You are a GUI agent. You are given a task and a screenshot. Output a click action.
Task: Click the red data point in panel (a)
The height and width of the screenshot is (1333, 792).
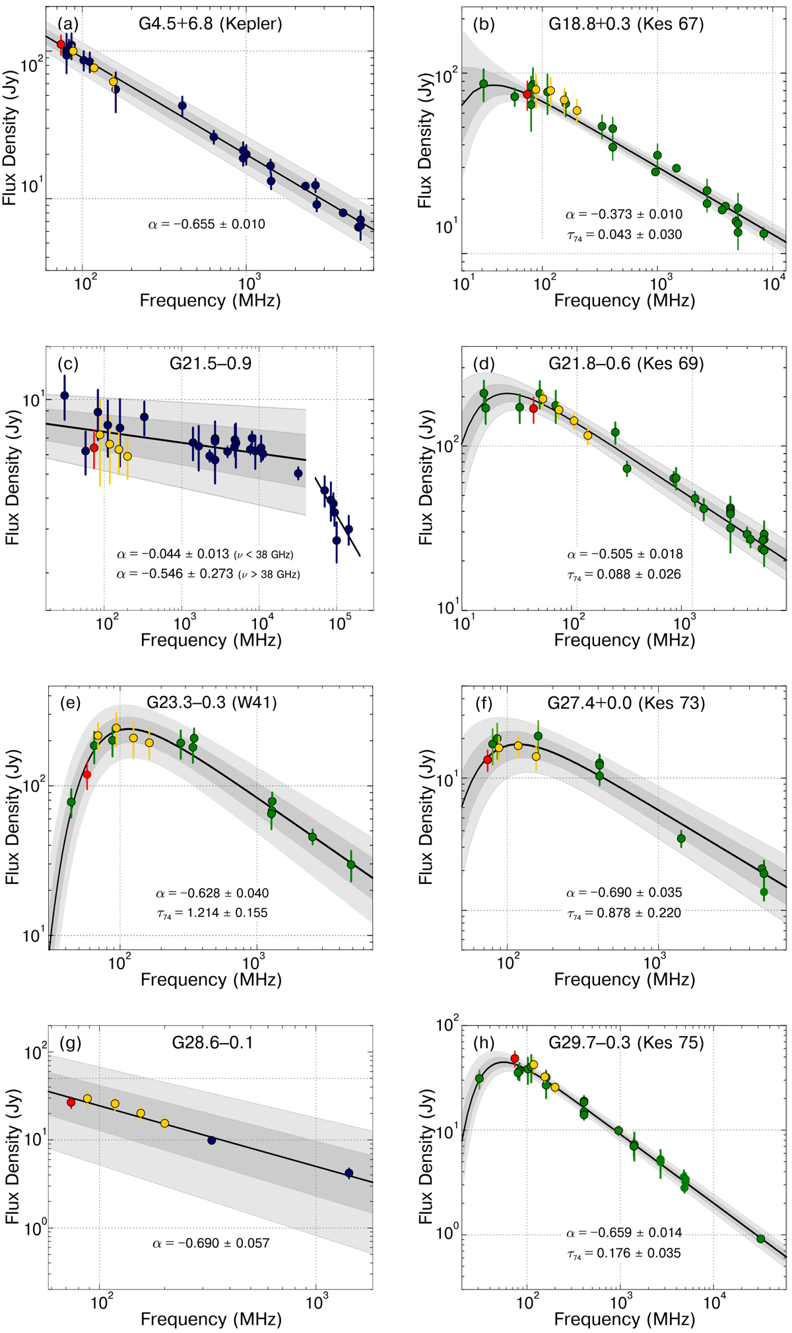[61, 44]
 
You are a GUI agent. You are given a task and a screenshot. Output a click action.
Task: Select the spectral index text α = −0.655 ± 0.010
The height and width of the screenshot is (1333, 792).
[207, 224]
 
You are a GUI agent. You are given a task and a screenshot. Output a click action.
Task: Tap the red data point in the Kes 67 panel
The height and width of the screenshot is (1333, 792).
[527, 94]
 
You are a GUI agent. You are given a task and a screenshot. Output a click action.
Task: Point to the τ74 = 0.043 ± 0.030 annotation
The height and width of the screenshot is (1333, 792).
[624, 234]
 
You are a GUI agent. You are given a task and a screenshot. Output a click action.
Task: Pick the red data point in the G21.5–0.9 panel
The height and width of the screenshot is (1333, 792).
[94, 448]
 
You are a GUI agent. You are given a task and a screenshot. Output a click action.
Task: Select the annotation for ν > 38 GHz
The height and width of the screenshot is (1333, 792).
[208, 574]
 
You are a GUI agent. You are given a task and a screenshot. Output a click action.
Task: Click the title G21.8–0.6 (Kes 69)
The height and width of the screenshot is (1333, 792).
[626, 364]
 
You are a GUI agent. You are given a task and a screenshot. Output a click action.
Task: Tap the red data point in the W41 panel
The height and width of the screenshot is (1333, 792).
[86, 774]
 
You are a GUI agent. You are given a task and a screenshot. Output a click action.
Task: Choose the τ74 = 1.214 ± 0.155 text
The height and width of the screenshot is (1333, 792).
[211, 913]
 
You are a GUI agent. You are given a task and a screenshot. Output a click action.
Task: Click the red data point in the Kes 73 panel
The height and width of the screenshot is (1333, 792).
[488, 759]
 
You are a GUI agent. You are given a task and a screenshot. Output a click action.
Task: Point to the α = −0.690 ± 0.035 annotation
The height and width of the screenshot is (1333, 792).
[624, 893]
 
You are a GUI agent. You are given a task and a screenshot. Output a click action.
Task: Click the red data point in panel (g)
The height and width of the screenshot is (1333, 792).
[71, 1103]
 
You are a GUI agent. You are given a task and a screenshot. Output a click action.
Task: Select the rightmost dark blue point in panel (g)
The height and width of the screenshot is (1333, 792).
[349, 1173]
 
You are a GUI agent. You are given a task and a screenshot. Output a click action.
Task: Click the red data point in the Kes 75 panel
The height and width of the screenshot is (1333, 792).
[515, 1059]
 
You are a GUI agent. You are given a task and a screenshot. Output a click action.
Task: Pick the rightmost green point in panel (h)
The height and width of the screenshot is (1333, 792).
[760, 1239]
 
